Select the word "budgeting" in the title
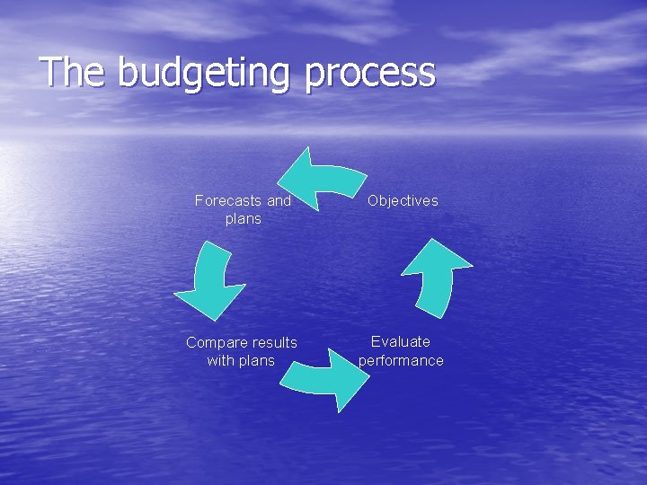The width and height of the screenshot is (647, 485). pyautogui.click(x=204, y=75)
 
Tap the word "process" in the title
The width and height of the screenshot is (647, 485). pyautogui.click(x=370, y=75)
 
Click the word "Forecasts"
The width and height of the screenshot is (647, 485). pyautogui.click(x=229, y=200)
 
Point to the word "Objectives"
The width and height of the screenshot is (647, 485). pyautogui.click(x=403, y=200)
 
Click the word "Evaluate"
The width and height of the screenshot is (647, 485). pyautogui.click(x=401, y=341)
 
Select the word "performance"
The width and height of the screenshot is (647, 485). pyautogui.click(x=401, y=360)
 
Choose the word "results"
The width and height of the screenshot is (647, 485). pyautogui.click(x=274, y=342)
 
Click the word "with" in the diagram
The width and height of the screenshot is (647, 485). pyautogui.click(x=220, y=360)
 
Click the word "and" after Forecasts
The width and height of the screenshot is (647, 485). pyautogui.click(x=279, y=200)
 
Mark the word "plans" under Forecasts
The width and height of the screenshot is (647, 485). pyautogui.click(x=244, y=218)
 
